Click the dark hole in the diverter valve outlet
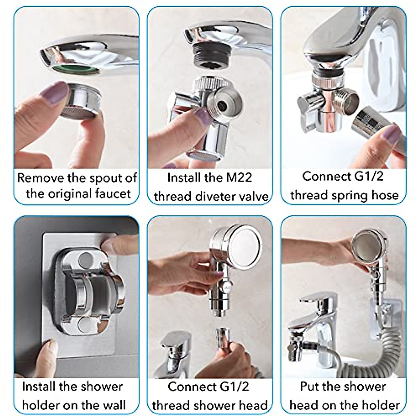point(221,105)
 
